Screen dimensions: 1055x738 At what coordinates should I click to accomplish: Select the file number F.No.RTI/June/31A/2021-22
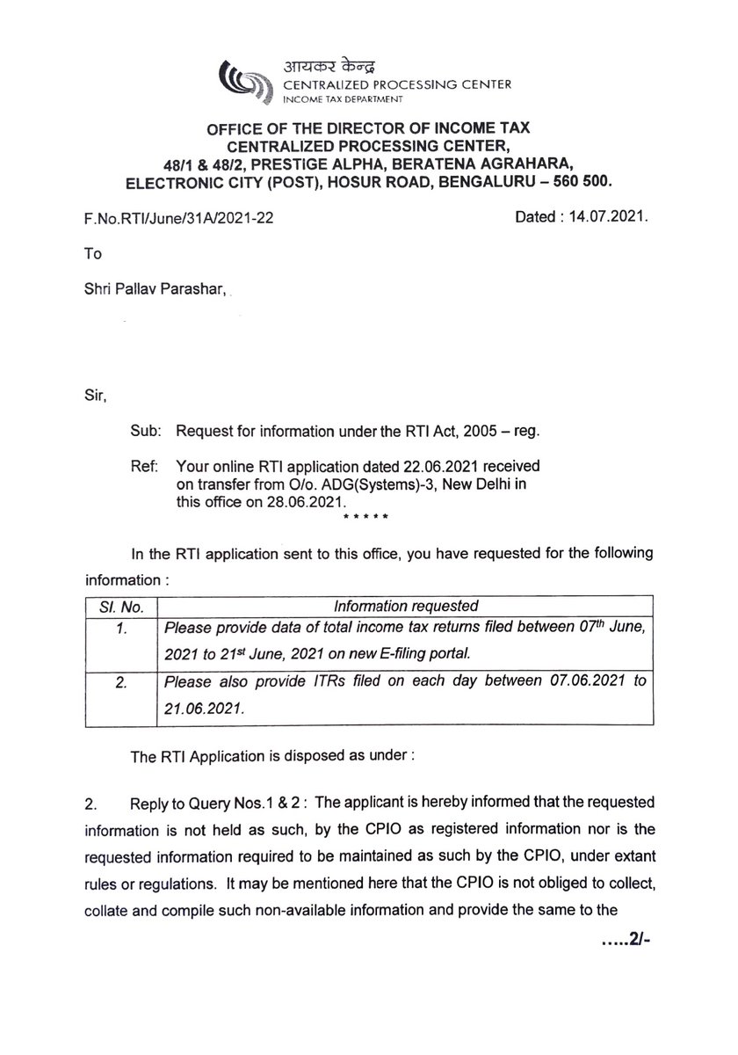tap(175, 214)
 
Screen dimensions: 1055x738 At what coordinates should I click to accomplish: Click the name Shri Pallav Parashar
tap(152, 286)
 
